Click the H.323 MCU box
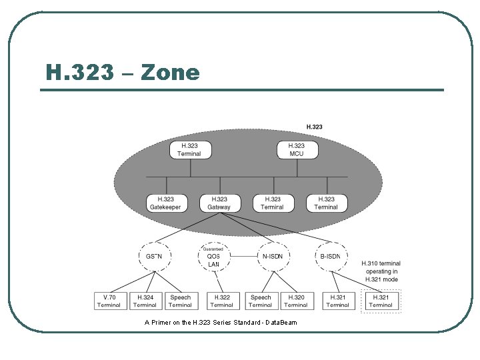[x=296, y=150]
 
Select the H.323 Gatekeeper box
[x=165, y=203]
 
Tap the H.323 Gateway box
[x=219, y=203]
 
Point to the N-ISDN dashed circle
[x=272, y=256]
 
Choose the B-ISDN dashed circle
[x=330, y=256]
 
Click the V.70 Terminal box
[x=109, y=301]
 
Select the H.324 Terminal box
[x=145, y=301]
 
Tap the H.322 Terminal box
[x=221, y=301]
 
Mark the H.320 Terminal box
[x=295, y=301]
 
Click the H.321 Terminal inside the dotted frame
[x=381, y=301]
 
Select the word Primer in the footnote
[x=164, y=323]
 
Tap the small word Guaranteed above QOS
[x=213, y=249]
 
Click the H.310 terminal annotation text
[x=381, y=271]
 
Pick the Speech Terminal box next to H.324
[x=180, y=301]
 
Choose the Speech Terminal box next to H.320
[x=260, y=301]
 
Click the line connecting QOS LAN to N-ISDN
[x=243, y=256]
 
